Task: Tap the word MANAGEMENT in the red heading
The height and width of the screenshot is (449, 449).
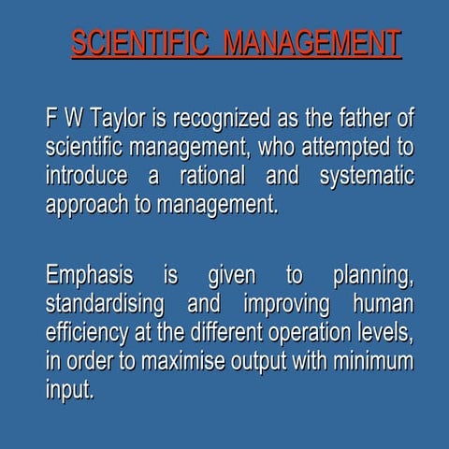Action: [312, 44]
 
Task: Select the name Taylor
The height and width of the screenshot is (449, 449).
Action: [116, 120]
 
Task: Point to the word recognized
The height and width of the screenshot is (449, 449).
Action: [215, 120]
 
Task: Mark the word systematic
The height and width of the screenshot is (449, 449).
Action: [367, 176]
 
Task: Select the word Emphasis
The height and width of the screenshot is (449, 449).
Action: [90, 277]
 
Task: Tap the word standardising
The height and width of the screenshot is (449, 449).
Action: [105, 305]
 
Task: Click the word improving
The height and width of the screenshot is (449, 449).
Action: [286, 305]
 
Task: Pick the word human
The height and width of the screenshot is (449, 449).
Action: [383, 305]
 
